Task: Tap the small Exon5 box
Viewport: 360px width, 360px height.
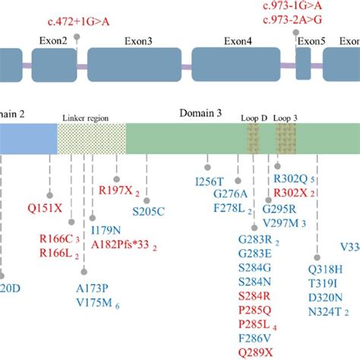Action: click(x=303, y=62)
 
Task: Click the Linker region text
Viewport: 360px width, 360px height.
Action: click(x=91, y=119)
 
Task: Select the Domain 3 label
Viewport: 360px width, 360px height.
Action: click(x=200, y=112)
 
